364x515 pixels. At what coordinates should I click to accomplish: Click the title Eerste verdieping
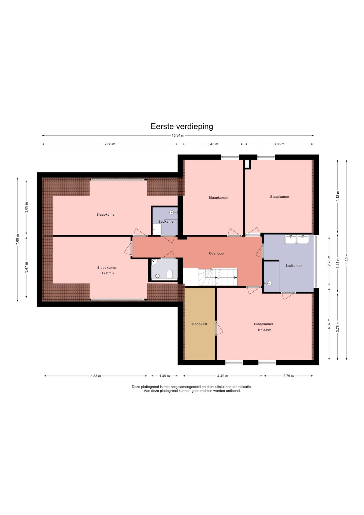[x=182, y=126]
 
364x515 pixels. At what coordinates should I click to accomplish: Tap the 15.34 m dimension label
[x=178, y=135]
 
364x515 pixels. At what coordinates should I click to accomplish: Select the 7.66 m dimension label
[x=110, y=144]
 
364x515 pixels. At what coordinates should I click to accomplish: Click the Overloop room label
[x=216, y=253]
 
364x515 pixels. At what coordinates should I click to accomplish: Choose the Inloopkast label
[x=199, y=324]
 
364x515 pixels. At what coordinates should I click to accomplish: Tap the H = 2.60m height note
[x=265, y=330]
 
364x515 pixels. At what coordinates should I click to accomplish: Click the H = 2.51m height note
[x=107, y=273]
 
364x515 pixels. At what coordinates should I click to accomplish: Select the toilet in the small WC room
[x=170, y=274]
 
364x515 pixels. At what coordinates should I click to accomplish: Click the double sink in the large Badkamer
[x=297, y=239]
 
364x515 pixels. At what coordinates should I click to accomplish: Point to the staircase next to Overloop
[x=218, y=277]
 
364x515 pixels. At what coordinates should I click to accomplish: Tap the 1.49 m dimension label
[x=165, y=376]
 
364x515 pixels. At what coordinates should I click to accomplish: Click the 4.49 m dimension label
[x=223, y=376]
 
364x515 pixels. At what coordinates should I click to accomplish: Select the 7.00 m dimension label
[x=17, y=239]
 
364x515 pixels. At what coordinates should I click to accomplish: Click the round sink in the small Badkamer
[x=172, y=212]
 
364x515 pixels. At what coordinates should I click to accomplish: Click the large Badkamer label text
[x=294, y=266]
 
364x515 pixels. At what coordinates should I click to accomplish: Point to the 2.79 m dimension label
[x=288, y=376]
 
